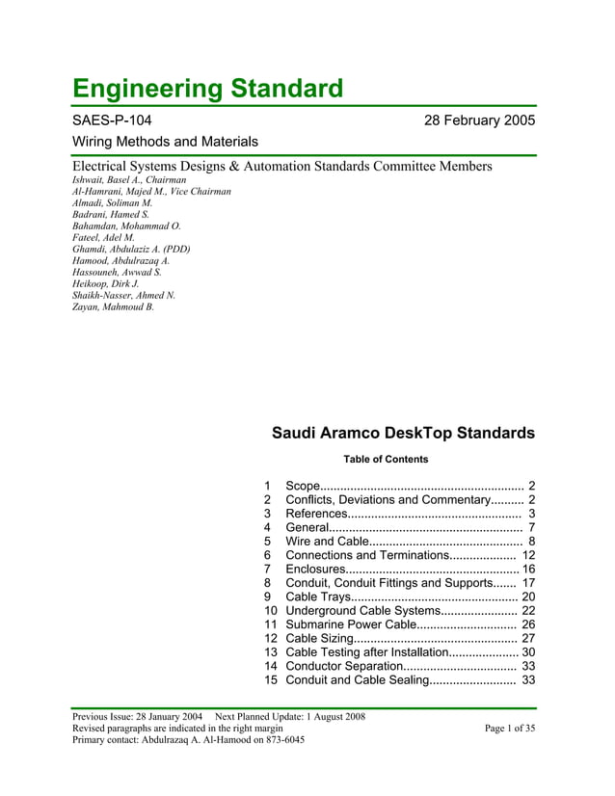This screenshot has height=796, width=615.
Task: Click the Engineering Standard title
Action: (208, 89)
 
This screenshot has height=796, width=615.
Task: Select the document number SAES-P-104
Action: (112, 121)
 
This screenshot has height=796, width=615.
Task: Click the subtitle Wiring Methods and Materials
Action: (165, 142)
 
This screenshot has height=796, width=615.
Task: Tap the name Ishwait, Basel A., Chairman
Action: (130, 180)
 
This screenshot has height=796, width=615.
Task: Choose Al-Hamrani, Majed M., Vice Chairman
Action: (152, 192)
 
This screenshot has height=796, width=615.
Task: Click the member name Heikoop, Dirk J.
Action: (106, 284)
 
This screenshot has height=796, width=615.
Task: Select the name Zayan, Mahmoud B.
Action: (113, 307)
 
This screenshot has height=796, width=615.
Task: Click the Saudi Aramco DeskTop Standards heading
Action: (403, 434)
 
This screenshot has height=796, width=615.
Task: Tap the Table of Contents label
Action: (386, 460)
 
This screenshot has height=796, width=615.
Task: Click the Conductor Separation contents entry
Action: (344, 666)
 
